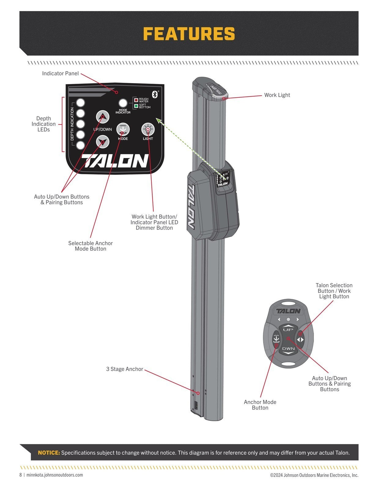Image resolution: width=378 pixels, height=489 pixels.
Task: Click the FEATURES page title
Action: point(189,34)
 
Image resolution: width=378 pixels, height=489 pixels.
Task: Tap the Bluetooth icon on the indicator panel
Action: point(155,94)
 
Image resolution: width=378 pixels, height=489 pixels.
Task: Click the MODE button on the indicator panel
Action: point(123,129)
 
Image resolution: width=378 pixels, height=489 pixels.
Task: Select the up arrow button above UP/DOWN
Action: point(103,117)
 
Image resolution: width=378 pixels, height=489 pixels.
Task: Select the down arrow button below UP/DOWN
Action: point(103,142)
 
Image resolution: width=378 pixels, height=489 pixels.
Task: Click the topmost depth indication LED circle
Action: point(80,103)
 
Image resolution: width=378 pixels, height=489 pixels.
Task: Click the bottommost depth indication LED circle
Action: point(80,145)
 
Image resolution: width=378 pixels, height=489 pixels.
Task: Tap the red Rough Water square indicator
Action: point(136,100)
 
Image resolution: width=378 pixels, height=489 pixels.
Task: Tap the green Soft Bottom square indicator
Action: point(136,106)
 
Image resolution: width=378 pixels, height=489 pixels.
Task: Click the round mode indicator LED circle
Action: point(123,103)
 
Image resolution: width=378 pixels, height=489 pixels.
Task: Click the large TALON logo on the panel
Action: point(115,161)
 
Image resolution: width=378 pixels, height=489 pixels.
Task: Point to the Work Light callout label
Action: point(277,95)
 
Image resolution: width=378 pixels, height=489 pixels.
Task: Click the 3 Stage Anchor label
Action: point(124,369)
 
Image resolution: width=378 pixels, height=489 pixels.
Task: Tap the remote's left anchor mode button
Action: point(276,339)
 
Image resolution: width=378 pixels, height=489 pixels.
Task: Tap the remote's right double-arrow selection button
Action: point(300,340)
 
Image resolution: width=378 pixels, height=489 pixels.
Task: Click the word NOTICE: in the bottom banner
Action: point(49,453)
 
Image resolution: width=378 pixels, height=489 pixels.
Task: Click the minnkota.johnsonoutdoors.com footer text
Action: point(55,475)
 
